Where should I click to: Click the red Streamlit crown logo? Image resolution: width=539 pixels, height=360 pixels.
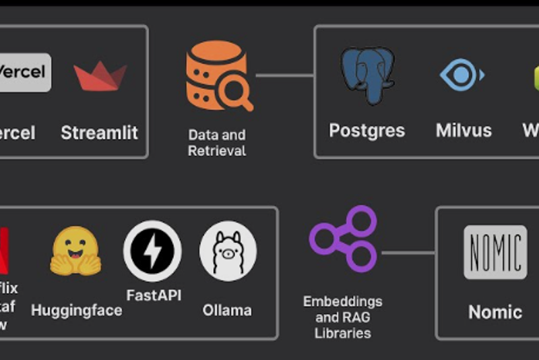100,76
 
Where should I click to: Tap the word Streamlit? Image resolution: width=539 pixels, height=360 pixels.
99,132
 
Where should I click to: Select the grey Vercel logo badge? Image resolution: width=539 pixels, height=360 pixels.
24,72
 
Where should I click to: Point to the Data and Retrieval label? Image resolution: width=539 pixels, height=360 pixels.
216,142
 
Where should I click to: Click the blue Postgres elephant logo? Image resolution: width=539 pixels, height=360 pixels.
367,74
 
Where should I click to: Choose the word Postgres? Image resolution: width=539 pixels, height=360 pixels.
367,130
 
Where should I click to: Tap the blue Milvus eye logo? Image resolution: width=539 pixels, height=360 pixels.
462,75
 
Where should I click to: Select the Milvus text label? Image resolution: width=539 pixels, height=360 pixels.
464,130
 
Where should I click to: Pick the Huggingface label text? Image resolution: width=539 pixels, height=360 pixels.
77,310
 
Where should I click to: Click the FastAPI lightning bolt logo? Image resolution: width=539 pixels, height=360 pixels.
152,251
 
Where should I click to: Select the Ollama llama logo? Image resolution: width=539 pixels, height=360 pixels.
228,251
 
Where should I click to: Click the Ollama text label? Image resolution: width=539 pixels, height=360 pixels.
227,310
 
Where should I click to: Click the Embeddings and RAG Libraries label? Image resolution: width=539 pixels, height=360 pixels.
342,316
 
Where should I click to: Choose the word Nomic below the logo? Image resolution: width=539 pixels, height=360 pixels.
495,312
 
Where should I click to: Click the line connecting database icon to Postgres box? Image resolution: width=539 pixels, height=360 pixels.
284,75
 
